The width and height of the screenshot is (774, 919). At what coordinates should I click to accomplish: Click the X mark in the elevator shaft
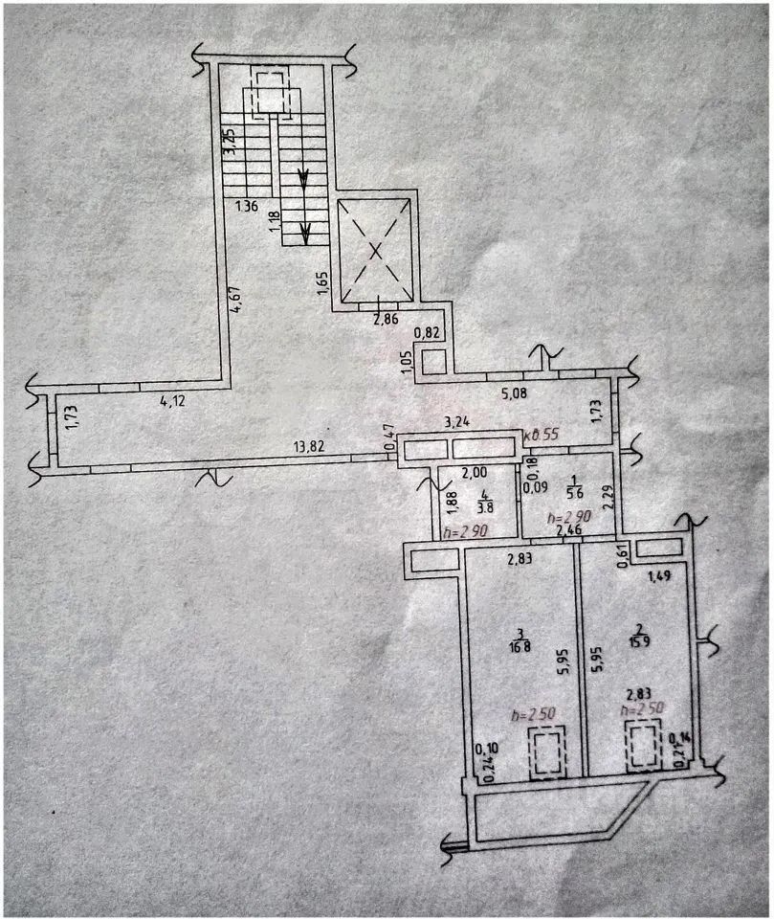(x=376, y=251)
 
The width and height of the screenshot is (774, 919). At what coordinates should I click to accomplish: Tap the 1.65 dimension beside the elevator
(x=323, y=285)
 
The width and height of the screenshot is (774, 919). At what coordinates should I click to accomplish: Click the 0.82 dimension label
(x=428, y=333)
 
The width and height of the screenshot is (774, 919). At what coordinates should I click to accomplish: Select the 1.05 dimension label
(x=408, y=361)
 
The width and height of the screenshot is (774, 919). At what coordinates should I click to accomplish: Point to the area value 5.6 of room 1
(x=574, y=495)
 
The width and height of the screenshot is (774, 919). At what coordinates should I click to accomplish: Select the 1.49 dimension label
(x=660, y=576)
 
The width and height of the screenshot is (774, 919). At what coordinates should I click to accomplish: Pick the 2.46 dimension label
(x=569, y=527)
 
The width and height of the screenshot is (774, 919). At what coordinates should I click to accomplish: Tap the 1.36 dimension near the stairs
(x=247, y=205)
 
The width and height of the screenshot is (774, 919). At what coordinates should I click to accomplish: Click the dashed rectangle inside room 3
(x=546, y=752)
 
